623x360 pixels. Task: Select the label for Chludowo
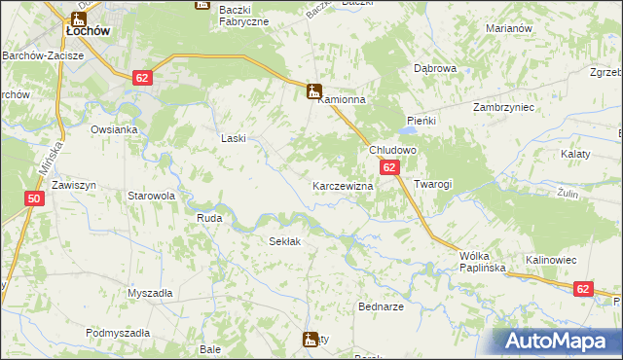392,151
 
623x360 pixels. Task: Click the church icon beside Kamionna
313,92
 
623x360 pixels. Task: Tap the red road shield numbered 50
35,198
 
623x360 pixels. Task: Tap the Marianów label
508,28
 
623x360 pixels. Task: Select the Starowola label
151,196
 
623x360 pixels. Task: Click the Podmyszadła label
118,333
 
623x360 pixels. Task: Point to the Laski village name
234,138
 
